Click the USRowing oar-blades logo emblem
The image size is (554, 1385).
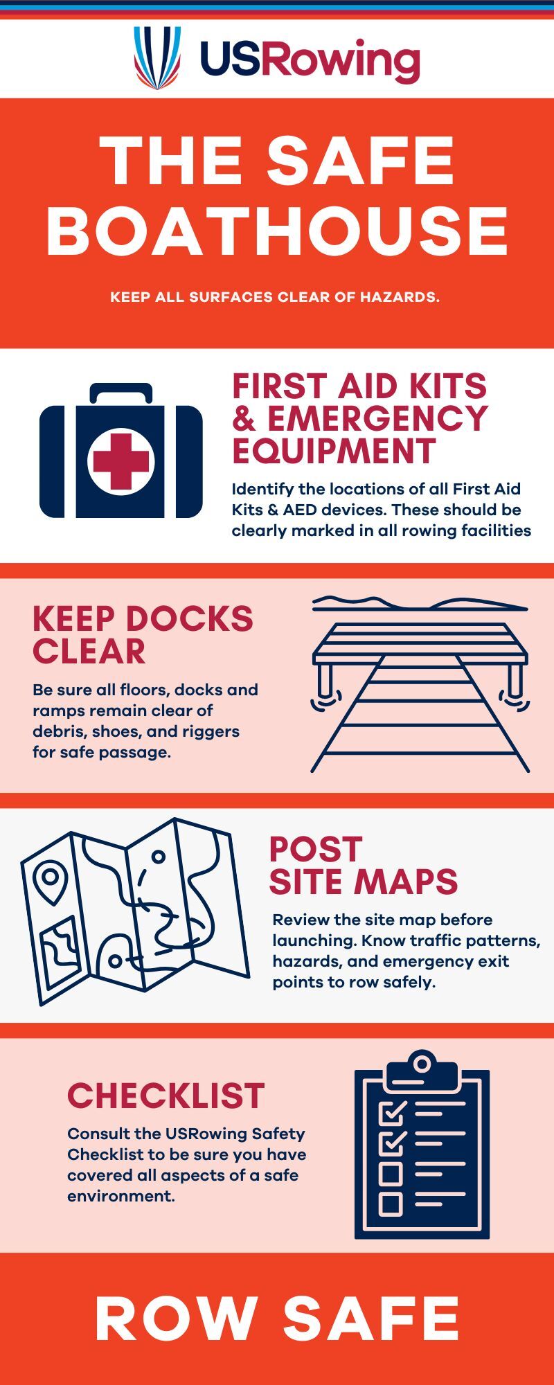(157, 58)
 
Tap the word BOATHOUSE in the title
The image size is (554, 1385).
(278, 231)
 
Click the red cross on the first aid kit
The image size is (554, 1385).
(121, 461)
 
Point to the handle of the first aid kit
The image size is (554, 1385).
(121, 393)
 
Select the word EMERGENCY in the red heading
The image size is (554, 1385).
(377, 418)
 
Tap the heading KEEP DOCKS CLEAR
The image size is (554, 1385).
(143, 635)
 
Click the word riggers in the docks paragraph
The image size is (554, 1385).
(211, 731)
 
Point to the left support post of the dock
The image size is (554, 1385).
(323, 680)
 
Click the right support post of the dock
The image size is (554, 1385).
(515, 680)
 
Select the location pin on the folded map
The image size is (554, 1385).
(51, 880)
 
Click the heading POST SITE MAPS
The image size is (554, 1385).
(364, 865)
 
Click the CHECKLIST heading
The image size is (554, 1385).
(166, 1096)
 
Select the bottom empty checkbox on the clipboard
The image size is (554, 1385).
(391, 1203)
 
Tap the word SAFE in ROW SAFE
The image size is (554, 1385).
(371, 1318)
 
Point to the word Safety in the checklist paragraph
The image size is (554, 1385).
(278, 1134)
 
